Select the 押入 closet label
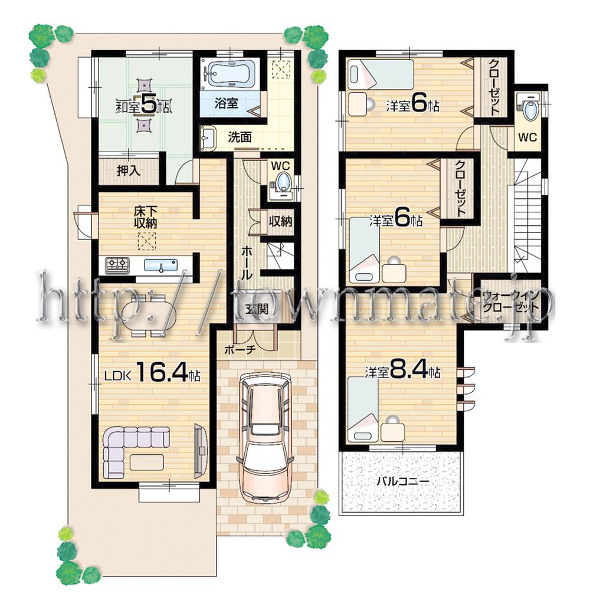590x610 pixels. point(128,171)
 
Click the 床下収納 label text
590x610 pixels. point(145,216)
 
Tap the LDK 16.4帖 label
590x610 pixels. point(152,373)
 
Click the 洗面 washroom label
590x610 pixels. point(240,137)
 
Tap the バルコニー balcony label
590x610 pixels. point(403,481)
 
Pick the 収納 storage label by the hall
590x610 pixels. point(280,222)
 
